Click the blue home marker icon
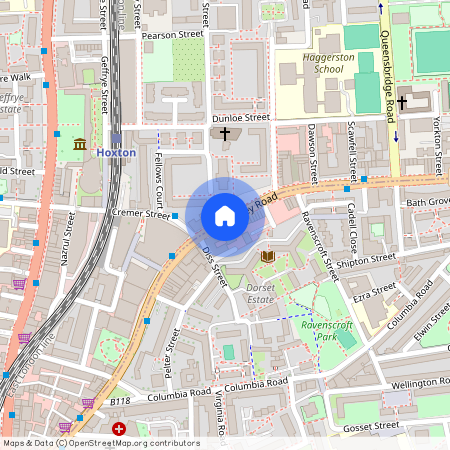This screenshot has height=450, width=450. (225, 215)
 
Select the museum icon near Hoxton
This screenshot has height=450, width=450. (79, 146)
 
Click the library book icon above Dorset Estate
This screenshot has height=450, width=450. (267, 257)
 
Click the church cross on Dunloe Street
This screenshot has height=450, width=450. (225, 133)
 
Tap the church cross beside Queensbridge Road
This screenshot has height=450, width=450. (402, 103)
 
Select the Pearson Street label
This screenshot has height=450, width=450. (172, 33)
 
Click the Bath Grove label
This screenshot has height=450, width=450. (428, 202)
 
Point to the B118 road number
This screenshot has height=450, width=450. (120, 401)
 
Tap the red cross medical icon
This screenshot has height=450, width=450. (119, 428)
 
